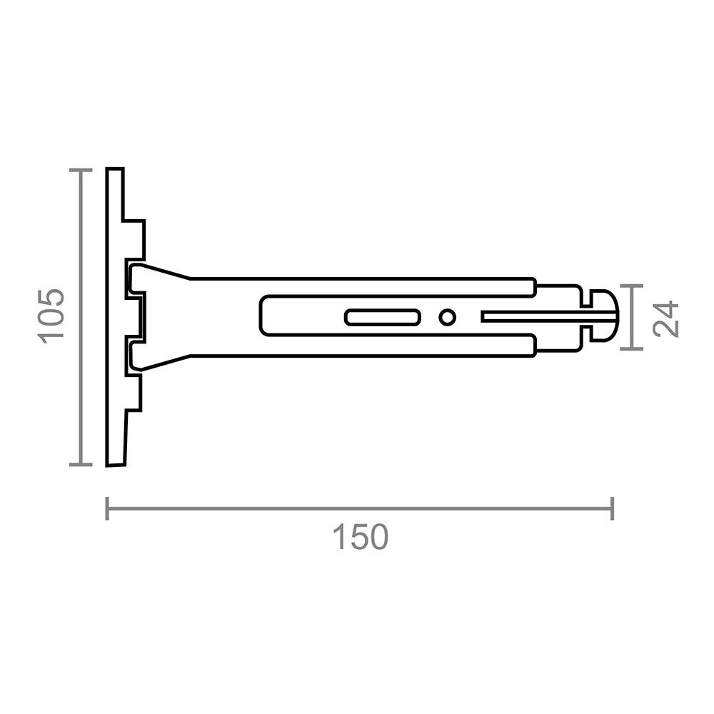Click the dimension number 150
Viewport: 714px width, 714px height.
[x=360, y=538]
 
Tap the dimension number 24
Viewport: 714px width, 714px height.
[x=665, y=318]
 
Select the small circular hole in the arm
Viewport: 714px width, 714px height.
[x=447, y=318]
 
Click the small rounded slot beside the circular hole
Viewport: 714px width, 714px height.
[x=383, y=318]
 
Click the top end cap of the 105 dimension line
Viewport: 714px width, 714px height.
[x=81, y=171]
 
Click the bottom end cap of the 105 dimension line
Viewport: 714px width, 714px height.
[x=81, y=465]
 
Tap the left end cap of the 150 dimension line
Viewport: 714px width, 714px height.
[x=107, y=508]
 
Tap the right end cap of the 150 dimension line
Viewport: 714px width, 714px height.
[x=613, y=508]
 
